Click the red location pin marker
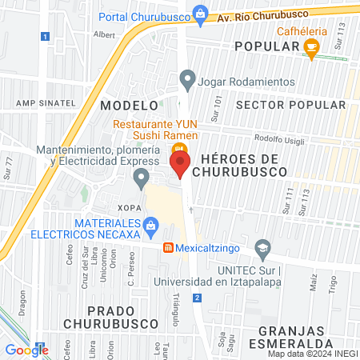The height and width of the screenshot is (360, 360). coord(181,165)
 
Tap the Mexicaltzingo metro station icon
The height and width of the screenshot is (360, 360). coord(168,248)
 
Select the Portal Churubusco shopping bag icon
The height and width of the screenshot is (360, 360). coord(201,14)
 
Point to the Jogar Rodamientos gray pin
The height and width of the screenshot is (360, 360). coord(188,78)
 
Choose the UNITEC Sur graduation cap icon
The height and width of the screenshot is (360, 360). coord(262,249)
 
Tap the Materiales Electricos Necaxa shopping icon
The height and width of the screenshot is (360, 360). coord(150,229)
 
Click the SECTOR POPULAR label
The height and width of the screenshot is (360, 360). coord(291,105)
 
